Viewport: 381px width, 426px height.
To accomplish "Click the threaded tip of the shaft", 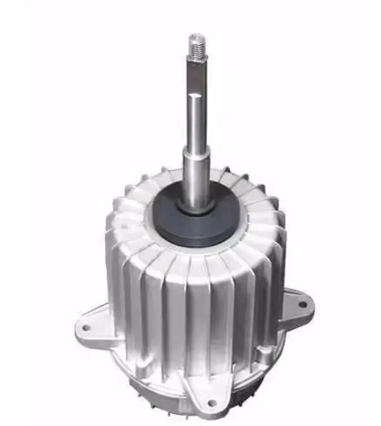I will [x=196, y=43].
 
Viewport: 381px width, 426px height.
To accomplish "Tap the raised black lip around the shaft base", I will [x=196, y=206].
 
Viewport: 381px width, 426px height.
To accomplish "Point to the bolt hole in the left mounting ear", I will [x=86, y=328].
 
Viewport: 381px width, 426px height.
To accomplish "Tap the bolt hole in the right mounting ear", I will [x=302, y=304].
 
